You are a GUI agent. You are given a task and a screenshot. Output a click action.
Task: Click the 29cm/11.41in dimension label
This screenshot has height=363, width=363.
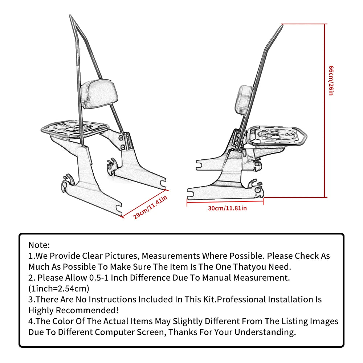(x=150, y=207)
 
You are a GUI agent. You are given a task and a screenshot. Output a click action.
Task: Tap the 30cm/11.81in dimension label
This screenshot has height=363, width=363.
(x=227, y=208)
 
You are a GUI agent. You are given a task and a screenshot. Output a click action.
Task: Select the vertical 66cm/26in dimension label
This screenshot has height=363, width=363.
(x=331, y=80)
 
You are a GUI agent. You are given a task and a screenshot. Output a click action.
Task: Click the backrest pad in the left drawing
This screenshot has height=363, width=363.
(x=99, y=94)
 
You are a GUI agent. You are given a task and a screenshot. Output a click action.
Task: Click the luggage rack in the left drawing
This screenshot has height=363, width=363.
(x=75, y=129)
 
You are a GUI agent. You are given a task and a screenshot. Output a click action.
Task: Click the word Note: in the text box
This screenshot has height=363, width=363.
(x=39, y=245)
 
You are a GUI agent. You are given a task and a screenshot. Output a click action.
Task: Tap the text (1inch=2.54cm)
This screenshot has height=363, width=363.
(x=59, y=289)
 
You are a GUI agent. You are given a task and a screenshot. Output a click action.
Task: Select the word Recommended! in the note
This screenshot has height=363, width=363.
(x=87, y=310)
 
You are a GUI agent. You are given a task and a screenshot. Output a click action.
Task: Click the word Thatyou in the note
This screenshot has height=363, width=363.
(x=250, y=267)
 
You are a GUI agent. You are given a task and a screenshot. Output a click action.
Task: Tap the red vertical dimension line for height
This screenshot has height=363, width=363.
(x=325, y=111)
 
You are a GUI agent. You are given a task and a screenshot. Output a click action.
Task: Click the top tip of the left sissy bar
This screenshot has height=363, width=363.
(x=70, y=15)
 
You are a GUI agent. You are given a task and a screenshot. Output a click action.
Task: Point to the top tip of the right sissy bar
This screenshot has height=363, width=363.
(x=283, y=25)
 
